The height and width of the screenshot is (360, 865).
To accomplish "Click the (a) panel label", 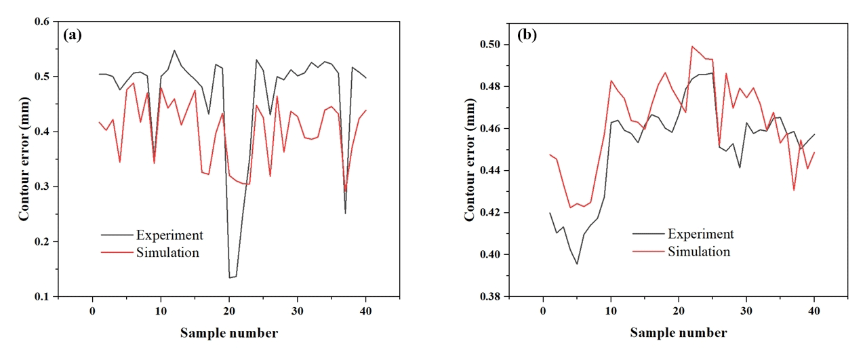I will [x=73, y=36].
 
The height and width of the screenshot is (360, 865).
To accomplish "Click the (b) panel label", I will [x=526, y=36].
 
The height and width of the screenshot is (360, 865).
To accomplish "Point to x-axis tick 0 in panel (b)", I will [x=543, y=311].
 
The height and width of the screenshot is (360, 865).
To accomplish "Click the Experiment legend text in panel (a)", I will [x=169, y=235].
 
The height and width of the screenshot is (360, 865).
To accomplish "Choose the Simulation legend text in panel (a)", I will [x=168, y=253].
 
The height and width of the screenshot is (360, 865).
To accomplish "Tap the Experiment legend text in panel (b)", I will [x=701, y=235].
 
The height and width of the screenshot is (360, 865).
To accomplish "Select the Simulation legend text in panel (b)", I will [x=700, y=252].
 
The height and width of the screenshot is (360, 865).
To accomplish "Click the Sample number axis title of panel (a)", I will [x=229, y=333].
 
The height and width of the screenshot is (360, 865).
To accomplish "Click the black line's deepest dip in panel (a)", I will [x=230, y=277].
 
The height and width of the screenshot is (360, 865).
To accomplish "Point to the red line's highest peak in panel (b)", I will [x=692, y=47].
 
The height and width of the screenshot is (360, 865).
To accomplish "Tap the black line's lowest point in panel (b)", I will [x=577, y=264].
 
